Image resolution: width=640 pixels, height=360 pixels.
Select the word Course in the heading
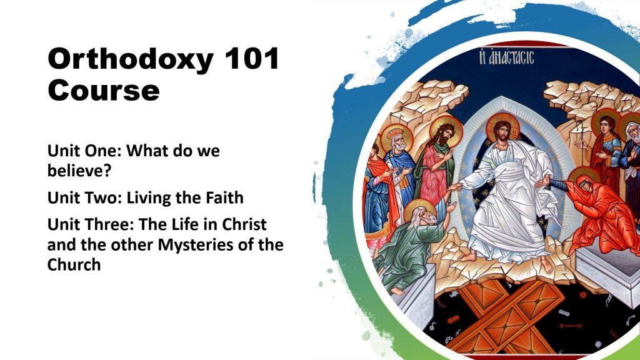[104, 91]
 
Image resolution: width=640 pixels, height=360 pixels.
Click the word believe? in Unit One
[79, 170]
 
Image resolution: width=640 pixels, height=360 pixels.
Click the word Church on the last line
[74, 264]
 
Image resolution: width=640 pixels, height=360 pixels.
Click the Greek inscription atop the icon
[506, 57]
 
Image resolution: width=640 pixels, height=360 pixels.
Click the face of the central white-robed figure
[502, 131]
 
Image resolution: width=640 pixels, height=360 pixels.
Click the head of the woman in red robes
[584, 184]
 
